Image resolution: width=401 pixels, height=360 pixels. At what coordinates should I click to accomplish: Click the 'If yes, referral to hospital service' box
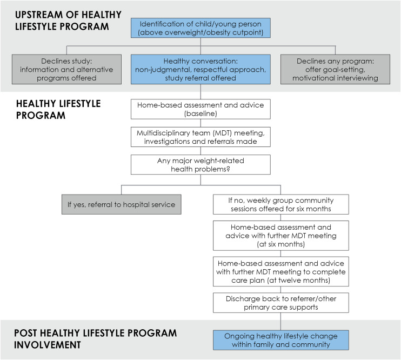(x=121, y=204)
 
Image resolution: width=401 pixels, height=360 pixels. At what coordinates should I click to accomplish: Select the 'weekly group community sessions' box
(x=280, y=204)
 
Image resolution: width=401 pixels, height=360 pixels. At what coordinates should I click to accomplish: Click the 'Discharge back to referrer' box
(x=280, y=303)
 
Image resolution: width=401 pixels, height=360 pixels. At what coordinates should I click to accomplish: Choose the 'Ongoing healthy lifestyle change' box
(x=280, y=340)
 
